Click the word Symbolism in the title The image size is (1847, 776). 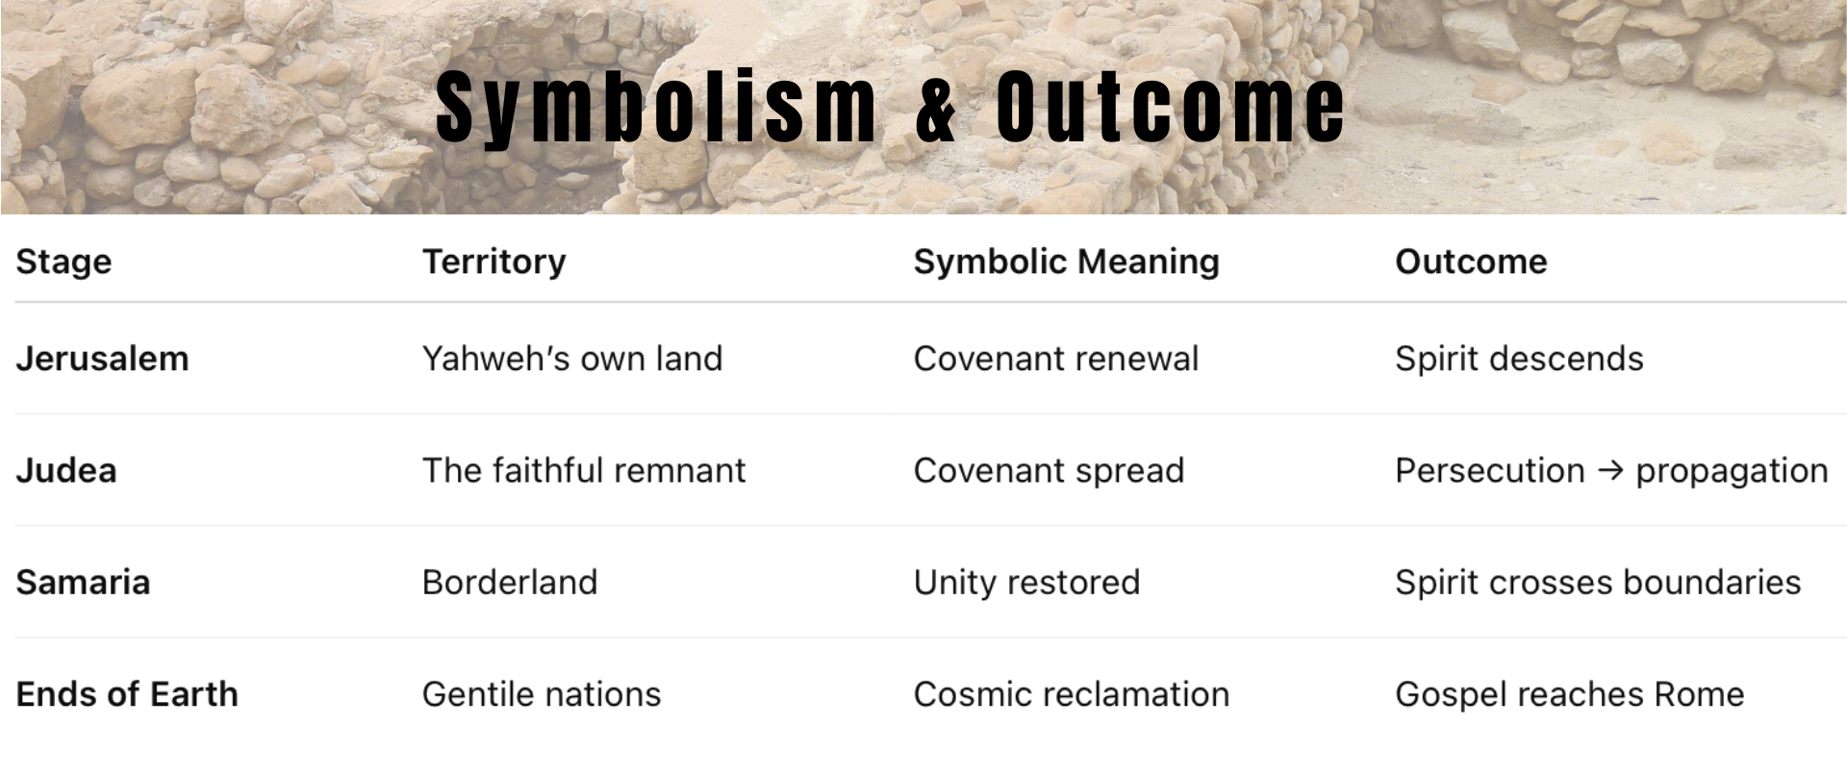tap(656, 108)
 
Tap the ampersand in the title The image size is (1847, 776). tap(936, 108)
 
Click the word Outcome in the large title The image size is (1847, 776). tap(1170, 107)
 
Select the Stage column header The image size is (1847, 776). tap(63, 263)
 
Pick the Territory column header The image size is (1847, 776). tap(494, 263)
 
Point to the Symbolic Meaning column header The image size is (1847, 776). tap(1066, 263)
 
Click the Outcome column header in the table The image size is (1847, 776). tap(1471, 262)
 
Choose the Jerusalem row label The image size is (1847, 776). tap(102, 359)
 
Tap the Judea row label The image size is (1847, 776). tap(66, 470)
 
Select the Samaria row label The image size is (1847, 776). tap(83, 583)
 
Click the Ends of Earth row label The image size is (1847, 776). tap(127, 694)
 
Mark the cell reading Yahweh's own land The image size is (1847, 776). tap(572, 359)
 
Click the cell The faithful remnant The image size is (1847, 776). tap(584, 470)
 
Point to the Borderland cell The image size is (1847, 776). tap(510, 583)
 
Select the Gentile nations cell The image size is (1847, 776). tap(542, 694)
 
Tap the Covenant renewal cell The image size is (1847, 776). tap(1056, 359)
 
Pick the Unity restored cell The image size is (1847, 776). tap(1026, 583)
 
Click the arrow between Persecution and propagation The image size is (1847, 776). tap(1610, 470)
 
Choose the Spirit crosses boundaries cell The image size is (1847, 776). tap(1598, 583)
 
